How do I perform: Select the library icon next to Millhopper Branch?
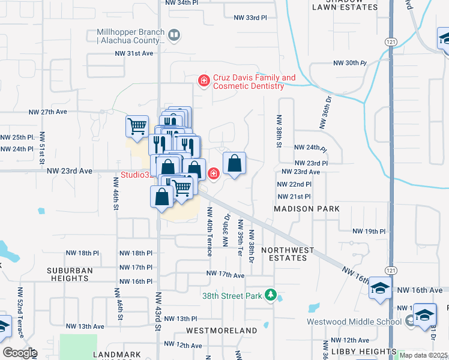point(173,36)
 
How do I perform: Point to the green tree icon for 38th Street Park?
point(271,296)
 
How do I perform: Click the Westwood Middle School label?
point(354,322)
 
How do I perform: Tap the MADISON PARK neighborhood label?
point(307,209)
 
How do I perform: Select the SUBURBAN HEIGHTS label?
point(70,274)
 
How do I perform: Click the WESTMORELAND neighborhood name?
point(221,331)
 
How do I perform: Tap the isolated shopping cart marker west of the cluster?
point(137,126)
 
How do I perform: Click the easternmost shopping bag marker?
point(234,163)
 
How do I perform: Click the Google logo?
point(20,353)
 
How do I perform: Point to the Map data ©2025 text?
point(423,355)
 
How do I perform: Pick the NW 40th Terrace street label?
point(209,232)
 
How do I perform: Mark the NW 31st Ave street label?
point(134,53)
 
